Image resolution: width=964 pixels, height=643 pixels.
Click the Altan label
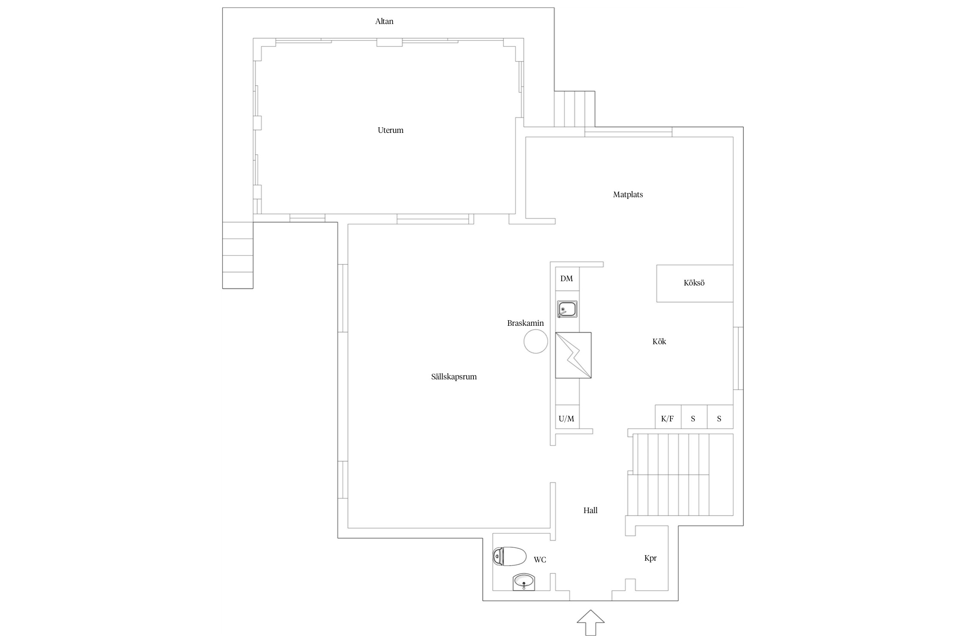tap(384, 21)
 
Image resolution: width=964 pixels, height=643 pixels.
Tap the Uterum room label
tap(390, 130)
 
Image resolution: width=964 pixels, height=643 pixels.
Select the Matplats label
tap(628, 195)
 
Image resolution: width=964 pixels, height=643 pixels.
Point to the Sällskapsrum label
tap(454, 377)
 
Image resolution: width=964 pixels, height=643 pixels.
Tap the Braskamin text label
tap(525, 323)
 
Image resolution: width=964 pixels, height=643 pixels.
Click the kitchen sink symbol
tap(567, 309)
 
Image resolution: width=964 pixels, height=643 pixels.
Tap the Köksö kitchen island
tap(695, 283)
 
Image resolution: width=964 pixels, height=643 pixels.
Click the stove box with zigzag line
tap(573, 355)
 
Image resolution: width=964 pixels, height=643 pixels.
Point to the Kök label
tap(659, 342)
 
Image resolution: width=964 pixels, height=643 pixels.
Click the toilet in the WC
tap(509, 556)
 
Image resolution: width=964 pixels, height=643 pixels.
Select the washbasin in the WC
tap(524, 582)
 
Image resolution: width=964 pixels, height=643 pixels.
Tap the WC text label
tap(540, 560)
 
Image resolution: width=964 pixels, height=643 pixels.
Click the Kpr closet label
tap(650, 558)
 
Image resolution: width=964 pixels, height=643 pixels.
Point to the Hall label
tap(590, 511)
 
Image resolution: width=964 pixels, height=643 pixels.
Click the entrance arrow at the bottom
tap(590, 622)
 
